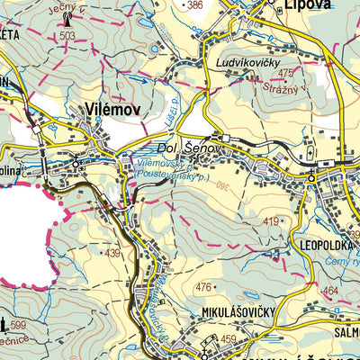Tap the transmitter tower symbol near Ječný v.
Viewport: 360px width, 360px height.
[66, 24]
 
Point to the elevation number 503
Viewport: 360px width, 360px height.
[67, 36]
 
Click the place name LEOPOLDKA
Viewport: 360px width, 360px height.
[320, 242]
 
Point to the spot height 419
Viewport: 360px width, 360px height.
[271, 220]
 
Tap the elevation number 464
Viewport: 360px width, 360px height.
[329, 291]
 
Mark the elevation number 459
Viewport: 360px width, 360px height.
[228, 339]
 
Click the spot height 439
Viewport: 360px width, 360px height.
[112, 254]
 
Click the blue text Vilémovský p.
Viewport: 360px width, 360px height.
[166, 165]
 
